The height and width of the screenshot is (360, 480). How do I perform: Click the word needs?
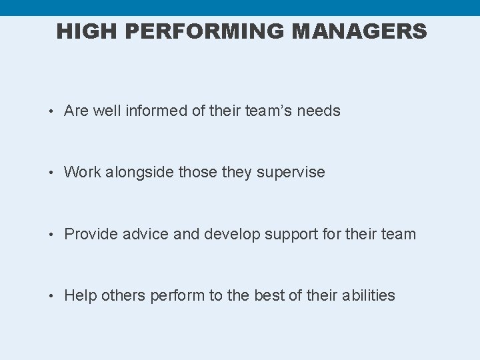[x=319, y=111]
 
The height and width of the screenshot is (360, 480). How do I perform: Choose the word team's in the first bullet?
[x=269, y=111]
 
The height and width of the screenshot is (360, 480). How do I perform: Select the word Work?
[x=83, y=173]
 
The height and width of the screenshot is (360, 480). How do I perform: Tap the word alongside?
[x=139, y=173]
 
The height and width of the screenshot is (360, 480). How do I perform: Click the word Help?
[x=80, y=295]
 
